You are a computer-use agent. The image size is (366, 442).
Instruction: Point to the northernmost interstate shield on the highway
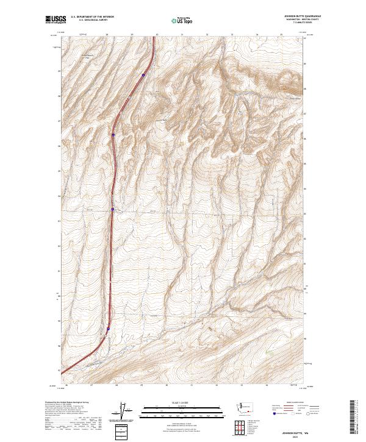coord(143,75)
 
